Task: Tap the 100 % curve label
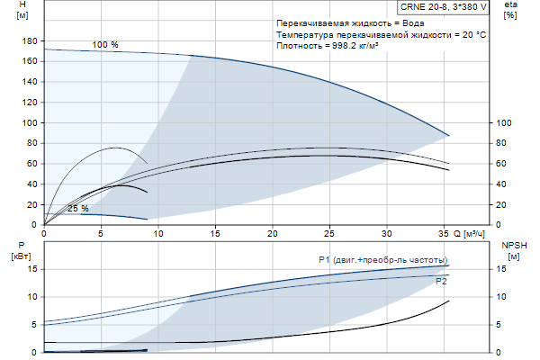(105, 45)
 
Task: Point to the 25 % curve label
(78, 209)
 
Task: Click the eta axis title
(510, 6)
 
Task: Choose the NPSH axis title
(513, 245)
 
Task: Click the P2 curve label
(441, 282)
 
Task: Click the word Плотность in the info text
(301, 44)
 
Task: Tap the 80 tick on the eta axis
(505, 143)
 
